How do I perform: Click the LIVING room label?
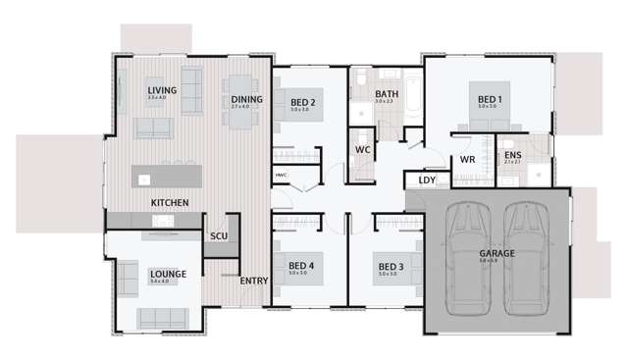pyautogui.click(x=162, y=90)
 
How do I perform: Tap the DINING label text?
pyautogui.click(x=246, y=99)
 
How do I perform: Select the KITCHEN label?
pyautogui.click(x=170, y=202)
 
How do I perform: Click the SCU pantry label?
pyautogui.click(x=219, y=236)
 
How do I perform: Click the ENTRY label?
pyautogui.click(x=254, y=281)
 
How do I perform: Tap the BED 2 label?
pyautogui.click(x=301, y=101)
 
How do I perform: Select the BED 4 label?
pyautogui.click(x=301, y=265)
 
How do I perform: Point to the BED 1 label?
pyautogui.click(x=490, y=99)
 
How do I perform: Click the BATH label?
pyautogui.click(x=386, y=93)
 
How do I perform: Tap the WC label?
pyautogui.click(x=362, y=150)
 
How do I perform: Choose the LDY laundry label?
pyautogui.click(x=427, y=180)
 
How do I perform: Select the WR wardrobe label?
pyautogui.click(x=468, y=160)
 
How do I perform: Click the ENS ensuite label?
pyautogui.click(x=513, y=155)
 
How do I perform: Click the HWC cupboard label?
pyautogui.click(x=281, y=176)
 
